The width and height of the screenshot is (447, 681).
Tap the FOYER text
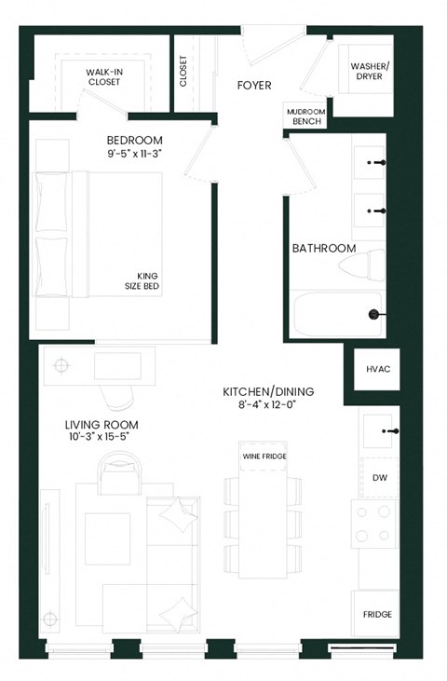tap(254, 86)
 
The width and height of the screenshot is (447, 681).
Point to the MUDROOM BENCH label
tap(306, 116)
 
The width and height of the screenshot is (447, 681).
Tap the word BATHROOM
tap(324, 249)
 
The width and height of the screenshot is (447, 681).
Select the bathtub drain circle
tap(374, 315)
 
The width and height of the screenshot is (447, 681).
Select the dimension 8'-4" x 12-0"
tap(266, 406)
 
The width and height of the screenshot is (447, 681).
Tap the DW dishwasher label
tap(379, 478)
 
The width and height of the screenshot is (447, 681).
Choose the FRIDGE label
tap(377, 615)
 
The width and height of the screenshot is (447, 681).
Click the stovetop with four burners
tap(373, 524)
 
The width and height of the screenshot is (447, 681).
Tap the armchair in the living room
tap(118, 472)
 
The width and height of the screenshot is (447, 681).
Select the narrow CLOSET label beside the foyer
tap(183, 71)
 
